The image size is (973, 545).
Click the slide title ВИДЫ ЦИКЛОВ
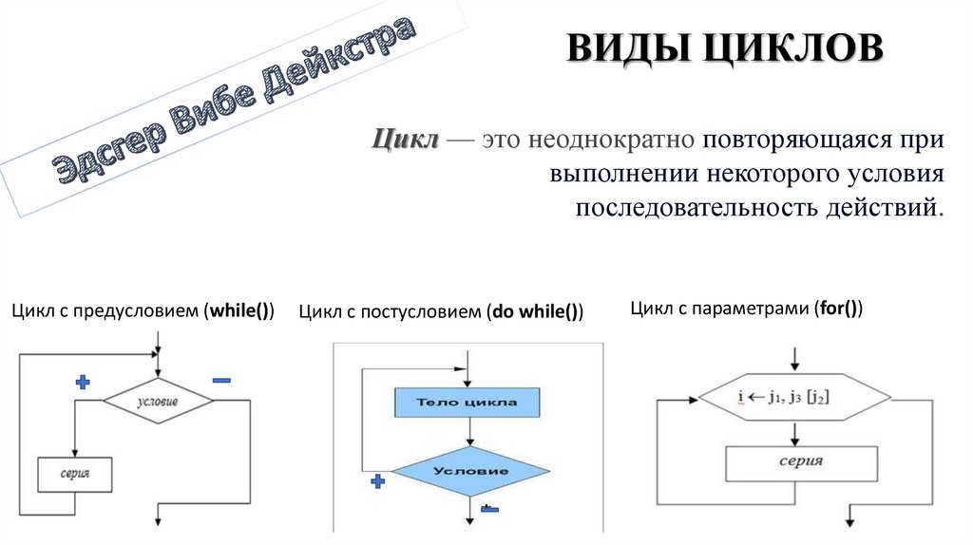pyautogui.click(x=725, y=48)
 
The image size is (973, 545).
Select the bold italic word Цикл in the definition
pyautogui.click(x=404, y=140)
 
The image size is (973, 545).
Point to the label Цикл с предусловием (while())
pyautogui.click(x=143, y=310)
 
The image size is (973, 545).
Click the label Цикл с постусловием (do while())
pyautogui.click(x=441, y=311)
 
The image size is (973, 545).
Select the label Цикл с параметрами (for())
pyautogui.click(x=747, y=309)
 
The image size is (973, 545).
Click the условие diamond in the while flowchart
pyautogui.click(x=158, y=402)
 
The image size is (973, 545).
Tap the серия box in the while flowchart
pyautogui.click(x=75, y=473)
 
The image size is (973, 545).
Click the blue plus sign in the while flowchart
pyautogui.click(x=83, y=382)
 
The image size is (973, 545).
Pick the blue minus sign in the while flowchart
pyautogui.click(x=221, y=380)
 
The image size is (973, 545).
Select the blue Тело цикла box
pyautogui.click(x=467, y=403)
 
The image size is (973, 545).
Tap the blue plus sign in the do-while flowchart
pyautogui.click(x=377, y=481)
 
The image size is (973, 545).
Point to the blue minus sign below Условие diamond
pyautogui.click(x=489, y=509)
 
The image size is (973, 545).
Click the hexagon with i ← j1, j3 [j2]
pyautogui.click(x=794, y=398)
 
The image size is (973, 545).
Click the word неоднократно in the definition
pyautogui.click(x=607, y=141)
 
